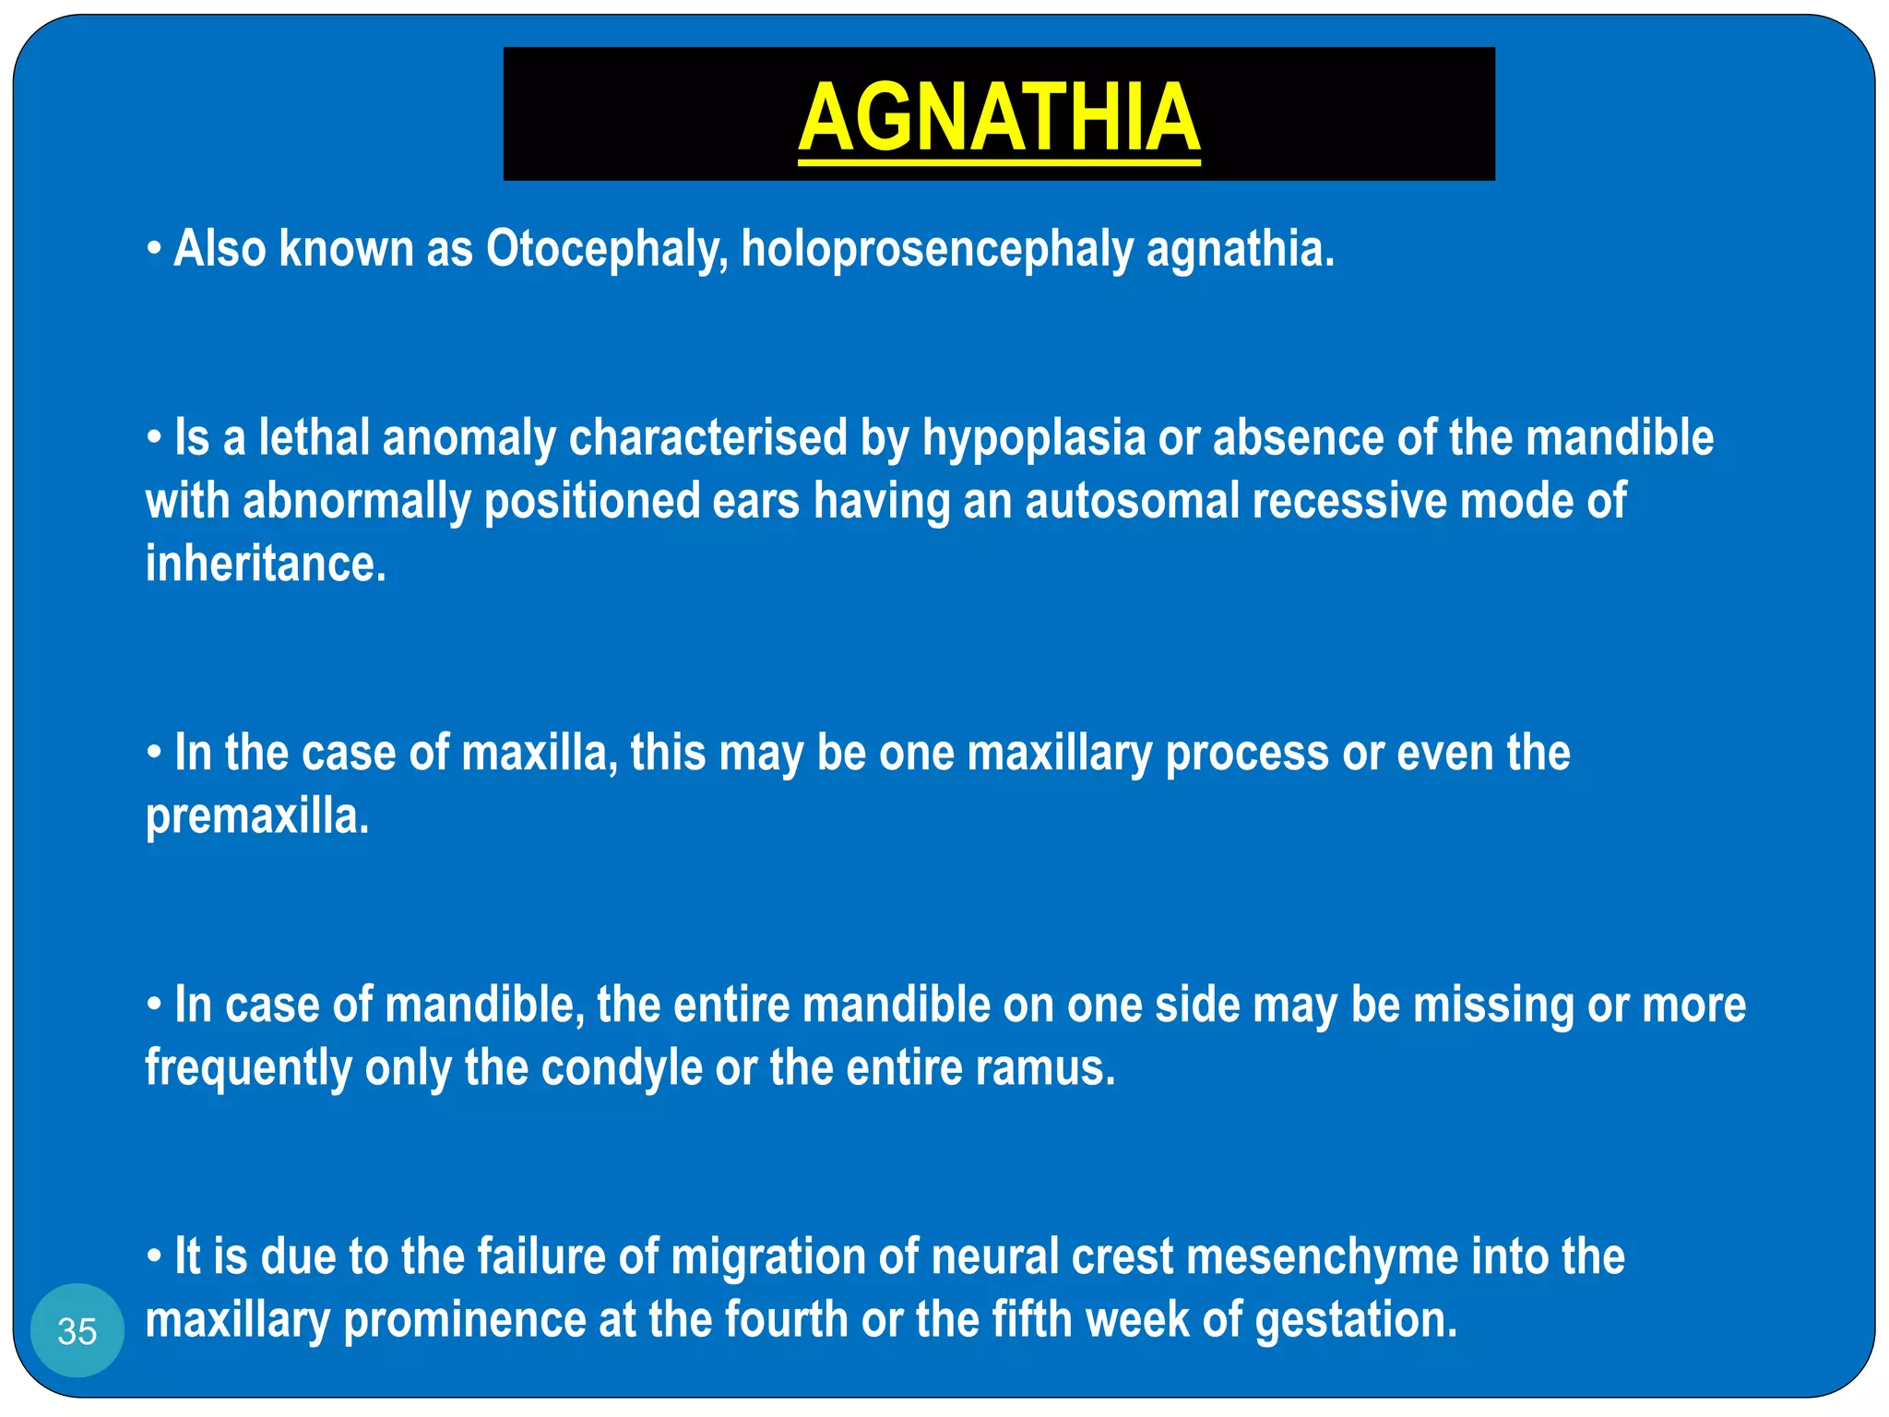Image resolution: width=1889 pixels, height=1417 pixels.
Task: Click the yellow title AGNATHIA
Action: click(999, 117)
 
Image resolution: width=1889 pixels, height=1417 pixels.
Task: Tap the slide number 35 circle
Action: click(77, 1330)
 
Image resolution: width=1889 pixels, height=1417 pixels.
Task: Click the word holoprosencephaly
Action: click(936, 249)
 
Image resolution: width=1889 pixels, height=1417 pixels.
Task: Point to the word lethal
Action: click(314, 437)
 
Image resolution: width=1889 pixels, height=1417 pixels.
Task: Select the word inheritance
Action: click(266, 564)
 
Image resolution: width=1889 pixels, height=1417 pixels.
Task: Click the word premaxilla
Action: click(257, 816)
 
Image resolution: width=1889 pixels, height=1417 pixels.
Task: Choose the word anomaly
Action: click(469, 439)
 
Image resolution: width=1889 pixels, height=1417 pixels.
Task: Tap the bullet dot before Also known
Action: click(155, 249)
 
